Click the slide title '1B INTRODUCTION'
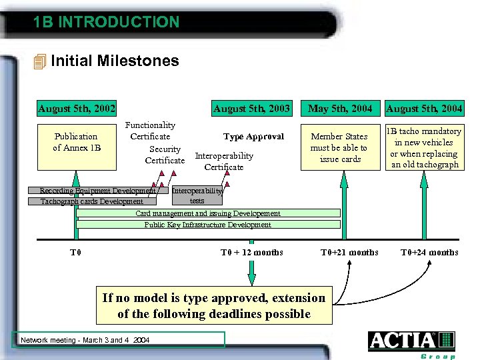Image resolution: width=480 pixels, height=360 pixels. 107,22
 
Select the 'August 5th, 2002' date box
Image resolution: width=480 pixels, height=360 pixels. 77,108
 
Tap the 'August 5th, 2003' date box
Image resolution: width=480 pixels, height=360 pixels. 251,108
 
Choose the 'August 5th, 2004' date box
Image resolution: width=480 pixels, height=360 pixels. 425,108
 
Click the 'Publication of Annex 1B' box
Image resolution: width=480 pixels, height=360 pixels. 76,142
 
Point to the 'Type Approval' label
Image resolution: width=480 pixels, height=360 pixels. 253,137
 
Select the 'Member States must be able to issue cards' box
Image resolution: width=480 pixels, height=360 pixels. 340,147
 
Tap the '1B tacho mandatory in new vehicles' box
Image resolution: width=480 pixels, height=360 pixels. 425,147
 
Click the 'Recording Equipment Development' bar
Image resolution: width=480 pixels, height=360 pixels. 97,191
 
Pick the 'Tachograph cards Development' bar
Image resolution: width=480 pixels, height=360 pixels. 92,201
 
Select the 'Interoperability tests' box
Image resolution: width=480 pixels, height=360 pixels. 197,195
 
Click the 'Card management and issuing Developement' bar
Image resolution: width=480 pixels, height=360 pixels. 208,213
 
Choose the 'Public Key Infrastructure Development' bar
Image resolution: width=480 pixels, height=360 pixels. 208,225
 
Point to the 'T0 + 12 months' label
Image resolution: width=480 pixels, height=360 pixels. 251,252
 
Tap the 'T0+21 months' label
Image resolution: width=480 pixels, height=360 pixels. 349,252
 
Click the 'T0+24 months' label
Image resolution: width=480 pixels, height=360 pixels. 429,252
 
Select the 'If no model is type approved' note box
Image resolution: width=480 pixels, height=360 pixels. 214,306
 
